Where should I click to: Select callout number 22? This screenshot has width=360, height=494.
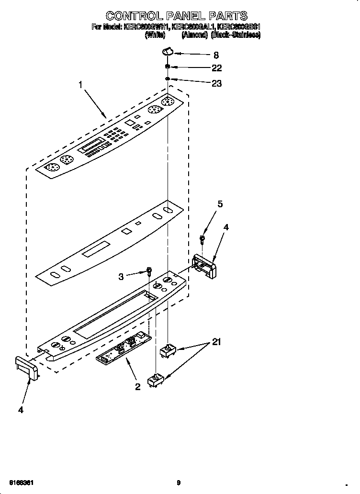pyautogui.click(x=216, y=68)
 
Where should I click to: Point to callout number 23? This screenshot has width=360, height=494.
pyautogui.click(x=216, y=83)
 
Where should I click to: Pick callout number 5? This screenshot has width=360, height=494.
pyautogui.click(x=220, y=204)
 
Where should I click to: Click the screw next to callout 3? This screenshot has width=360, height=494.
pyautogui.click(x=149, y=271)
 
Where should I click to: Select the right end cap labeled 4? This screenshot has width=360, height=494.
pyautogui.click(x=204, y=266)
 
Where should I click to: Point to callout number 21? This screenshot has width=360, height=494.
pyautogui.click(x=216, y=342)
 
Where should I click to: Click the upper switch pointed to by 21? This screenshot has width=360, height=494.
pyautogui.click(x=167, y=350)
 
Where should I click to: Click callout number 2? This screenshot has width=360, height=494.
pyautogui.click(x=137, y=387)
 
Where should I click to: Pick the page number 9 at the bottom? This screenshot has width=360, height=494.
pyautogui.click(x=178, y=482)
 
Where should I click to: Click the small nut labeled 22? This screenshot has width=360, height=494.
pyautogui.click(x=168, y=67)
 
